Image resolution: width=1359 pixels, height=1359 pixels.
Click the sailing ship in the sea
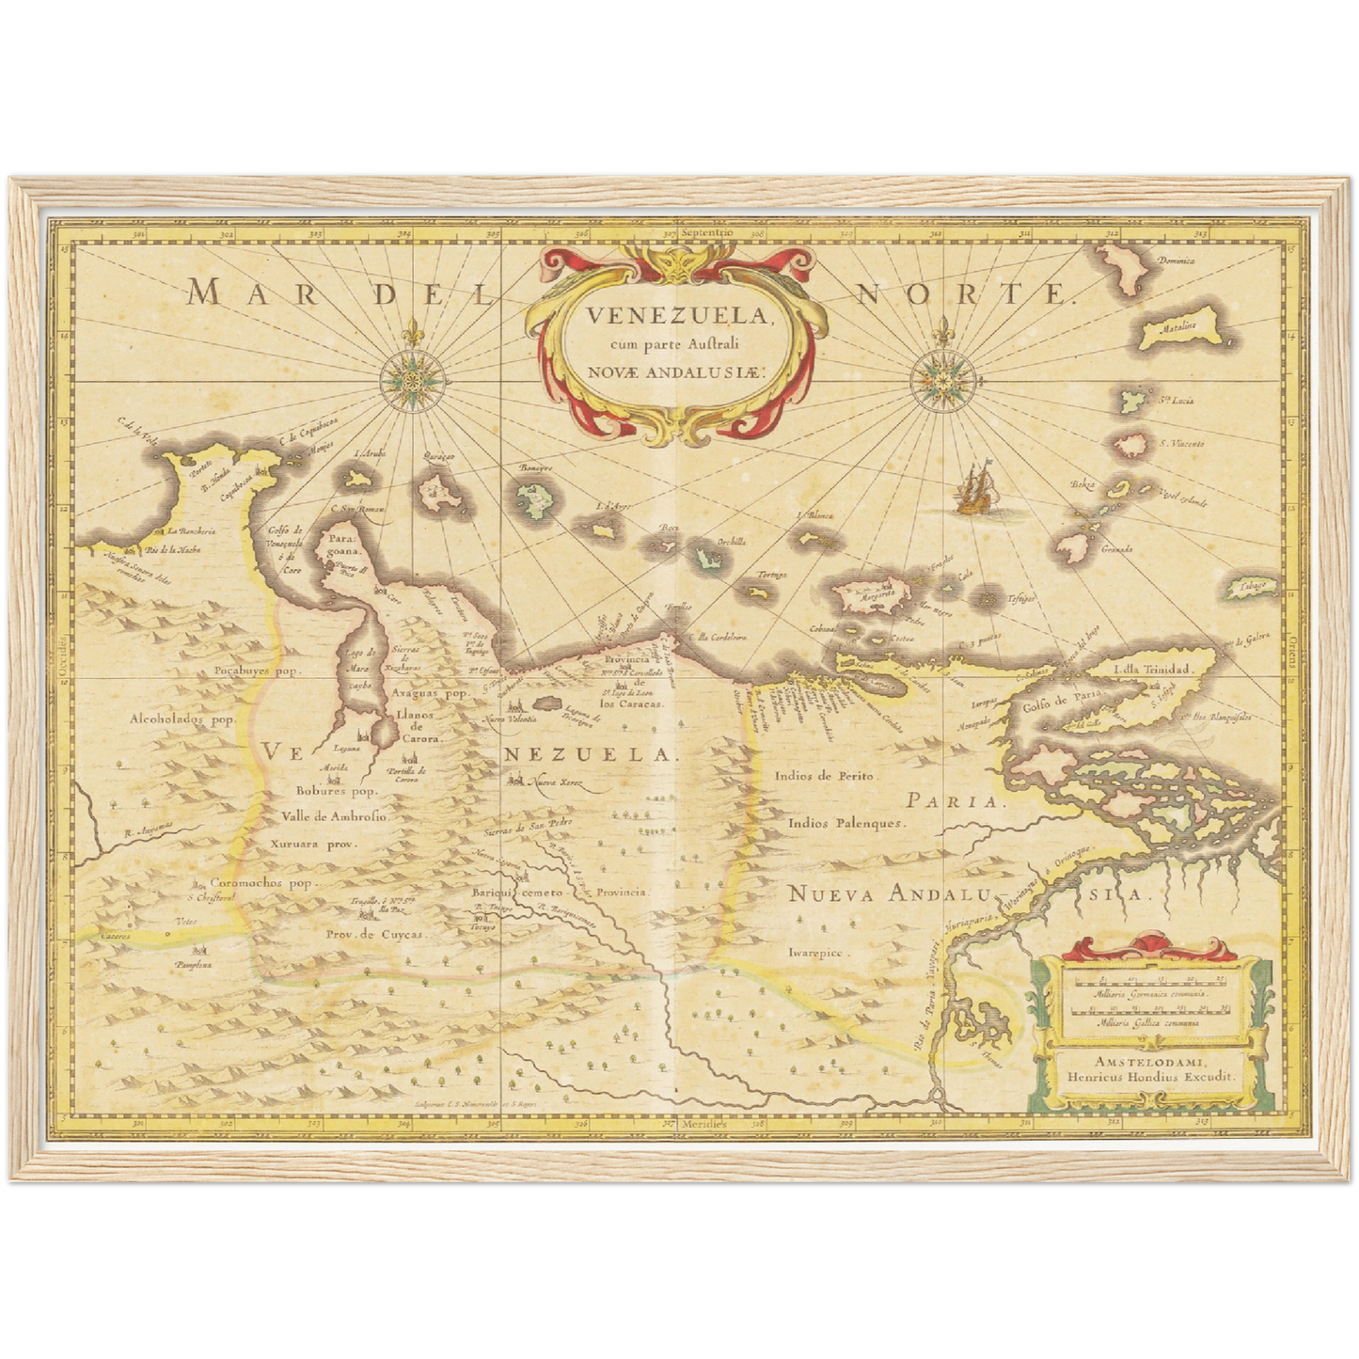click(x=975, y=490)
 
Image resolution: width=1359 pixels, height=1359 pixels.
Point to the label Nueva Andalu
click(x=882, y=893)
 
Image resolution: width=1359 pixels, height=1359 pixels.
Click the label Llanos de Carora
click(x=402, y=725)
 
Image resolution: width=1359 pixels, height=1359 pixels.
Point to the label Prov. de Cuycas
click(x=375, y=934)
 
